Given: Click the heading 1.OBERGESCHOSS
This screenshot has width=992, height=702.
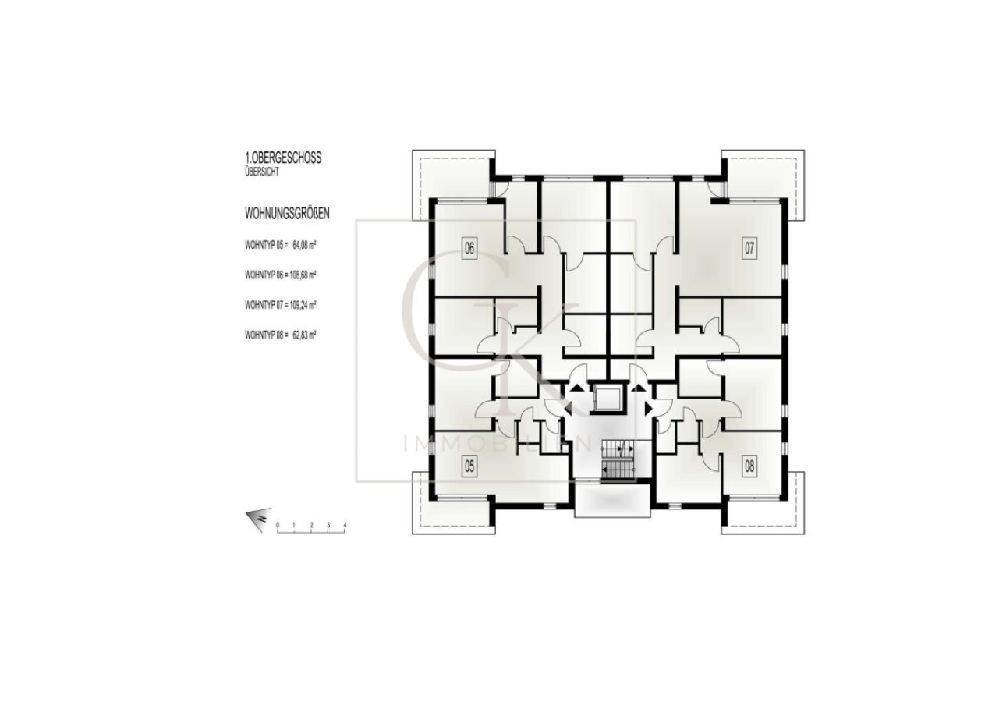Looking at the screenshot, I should [282, 158].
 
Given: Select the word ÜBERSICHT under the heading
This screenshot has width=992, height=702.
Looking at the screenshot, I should [260, 171].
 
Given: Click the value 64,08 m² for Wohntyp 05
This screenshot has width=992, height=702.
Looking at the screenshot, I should [304, 244].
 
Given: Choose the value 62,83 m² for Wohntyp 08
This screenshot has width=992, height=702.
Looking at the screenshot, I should [304, 335].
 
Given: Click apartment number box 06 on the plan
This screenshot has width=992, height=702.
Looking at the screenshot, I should [469, 250].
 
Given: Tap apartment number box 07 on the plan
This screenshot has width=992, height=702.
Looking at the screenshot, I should [749, 249].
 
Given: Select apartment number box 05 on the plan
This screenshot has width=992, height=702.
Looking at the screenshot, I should [469, 466].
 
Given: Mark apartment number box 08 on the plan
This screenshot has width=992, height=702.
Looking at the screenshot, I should [749, 466].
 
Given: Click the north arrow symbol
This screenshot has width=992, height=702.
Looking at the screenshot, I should [257, 518].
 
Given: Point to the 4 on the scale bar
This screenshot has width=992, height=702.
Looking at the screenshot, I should [344, 526].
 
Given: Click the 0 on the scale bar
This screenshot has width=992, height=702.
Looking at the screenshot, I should [277, 526].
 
